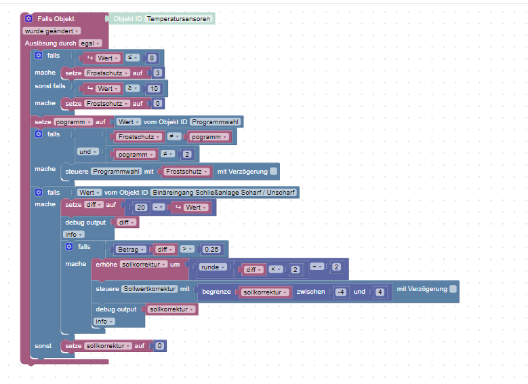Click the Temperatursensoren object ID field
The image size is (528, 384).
tap(179, 19)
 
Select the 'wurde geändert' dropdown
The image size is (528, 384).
tap(52, 31)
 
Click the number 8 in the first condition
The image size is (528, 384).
tap(152, 58)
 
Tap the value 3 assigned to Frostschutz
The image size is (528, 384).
tap(157, 73)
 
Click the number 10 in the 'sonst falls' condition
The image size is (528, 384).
tap(155, 89)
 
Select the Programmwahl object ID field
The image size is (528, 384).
tap(215, 122)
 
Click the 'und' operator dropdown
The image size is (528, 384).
tap(88, 151)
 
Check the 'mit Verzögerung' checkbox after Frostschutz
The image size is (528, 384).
tap(273, 172)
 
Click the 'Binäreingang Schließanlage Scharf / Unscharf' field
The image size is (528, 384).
tap(224, 193)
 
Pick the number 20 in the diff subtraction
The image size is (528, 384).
tap(141, 208)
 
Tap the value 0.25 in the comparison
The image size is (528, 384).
tap(213, 249)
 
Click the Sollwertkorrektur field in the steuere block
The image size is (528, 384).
tap(150, 289)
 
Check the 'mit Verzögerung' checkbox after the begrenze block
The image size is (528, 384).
tap(453, 289)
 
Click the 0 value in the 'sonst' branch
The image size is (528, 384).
tap(159, 346)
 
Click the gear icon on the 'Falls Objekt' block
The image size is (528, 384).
tap(28, 19)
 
